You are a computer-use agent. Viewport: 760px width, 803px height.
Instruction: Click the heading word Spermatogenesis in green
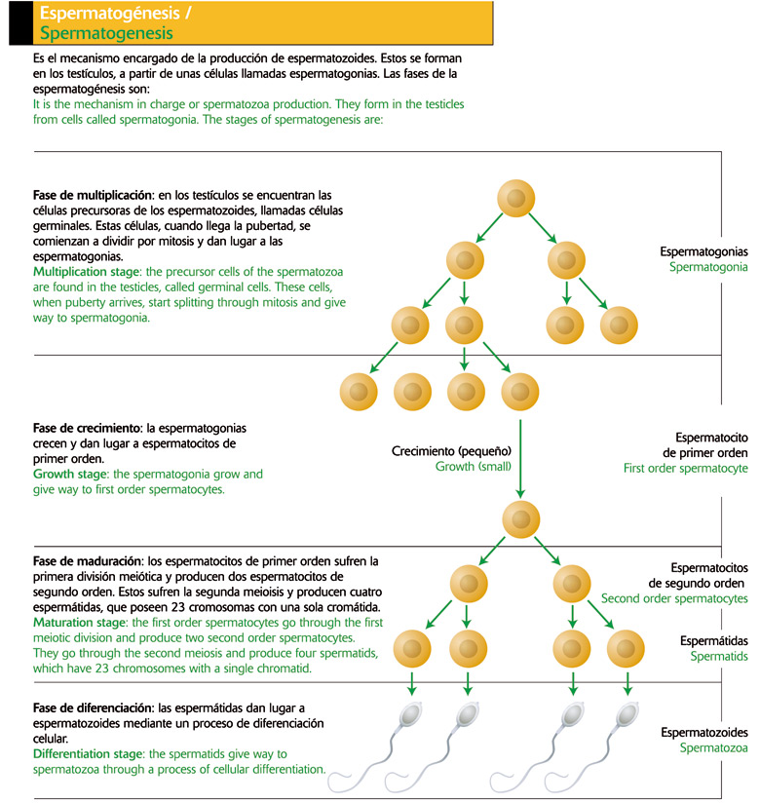click(106, 34)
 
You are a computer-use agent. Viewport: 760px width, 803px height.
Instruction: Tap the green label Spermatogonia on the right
click(708, 266)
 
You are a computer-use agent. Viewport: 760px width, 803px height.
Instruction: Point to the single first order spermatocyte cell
click(523, 517)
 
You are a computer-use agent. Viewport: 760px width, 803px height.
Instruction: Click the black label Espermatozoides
click(703, 732)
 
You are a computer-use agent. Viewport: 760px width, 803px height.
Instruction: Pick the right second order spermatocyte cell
click(572, 584)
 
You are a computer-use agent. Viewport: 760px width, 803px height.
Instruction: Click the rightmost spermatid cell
click(624, 647)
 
